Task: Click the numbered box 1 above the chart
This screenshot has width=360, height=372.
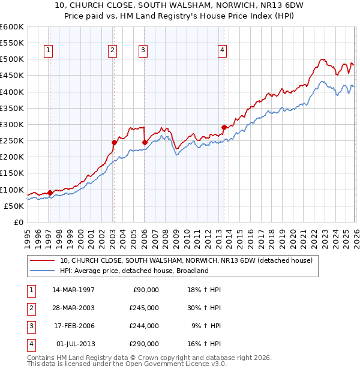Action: [48, 51]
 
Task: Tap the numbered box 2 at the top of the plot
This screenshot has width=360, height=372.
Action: [112, 51]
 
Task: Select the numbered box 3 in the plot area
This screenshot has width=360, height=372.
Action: [143, 51]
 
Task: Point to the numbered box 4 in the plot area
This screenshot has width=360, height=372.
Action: [222, 51]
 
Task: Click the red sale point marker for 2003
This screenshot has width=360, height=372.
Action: [114, 142]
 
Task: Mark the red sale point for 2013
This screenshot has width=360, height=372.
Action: [224, 127]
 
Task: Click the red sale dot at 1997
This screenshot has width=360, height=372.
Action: [50, 193]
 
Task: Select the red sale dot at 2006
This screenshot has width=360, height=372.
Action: [145, 142]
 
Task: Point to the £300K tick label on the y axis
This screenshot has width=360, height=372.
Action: [11, 124]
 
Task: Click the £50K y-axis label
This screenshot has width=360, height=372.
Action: [14, 206]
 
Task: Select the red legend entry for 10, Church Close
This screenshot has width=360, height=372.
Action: [186, 261]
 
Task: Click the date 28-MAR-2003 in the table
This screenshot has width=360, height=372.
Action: [74, 308]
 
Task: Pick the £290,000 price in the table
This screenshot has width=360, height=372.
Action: [145, 344]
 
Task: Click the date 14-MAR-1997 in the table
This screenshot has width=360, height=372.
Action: [74, 290]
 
